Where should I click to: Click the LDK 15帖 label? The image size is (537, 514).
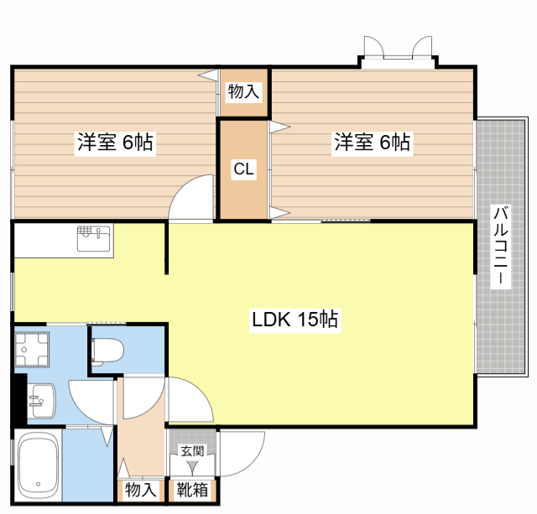coord(295,319)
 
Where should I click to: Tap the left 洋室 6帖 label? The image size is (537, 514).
coord(115,142)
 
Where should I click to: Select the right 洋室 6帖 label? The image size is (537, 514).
coord(372,142)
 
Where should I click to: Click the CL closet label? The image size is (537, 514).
coord(243,169)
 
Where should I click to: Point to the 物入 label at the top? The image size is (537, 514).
coord(243,91)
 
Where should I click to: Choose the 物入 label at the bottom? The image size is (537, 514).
coord(141,490)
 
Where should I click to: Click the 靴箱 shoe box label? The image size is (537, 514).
coord(192,490)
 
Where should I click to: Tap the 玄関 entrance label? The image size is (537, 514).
coord(192,451)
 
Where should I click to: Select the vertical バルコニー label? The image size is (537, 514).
coord(501,246)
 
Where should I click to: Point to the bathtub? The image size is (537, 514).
coord(38,465)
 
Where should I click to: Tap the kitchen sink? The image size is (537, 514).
coord(94,238)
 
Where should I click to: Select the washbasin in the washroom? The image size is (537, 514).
coord(41,401)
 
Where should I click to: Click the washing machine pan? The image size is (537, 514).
coord(32,350)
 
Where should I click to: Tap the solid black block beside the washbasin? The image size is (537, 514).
coord(20,398)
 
